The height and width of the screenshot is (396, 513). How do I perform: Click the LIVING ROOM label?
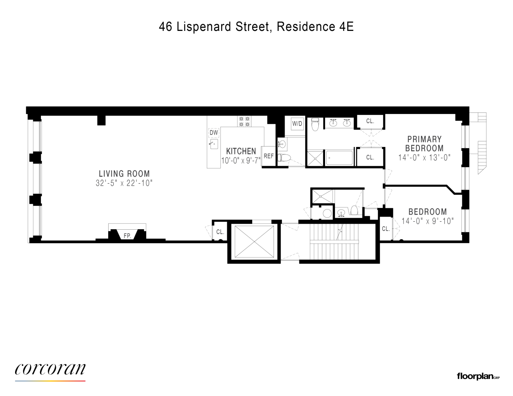tap(124, 173)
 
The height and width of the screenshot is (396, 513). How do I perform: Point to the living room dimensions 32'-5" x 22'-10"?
tap(124, 183)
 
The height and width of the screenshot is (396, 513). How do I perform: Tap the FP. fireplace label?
tap(127, 236)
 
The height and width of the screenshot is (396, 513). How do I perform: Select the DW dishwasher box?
tap(214, 133)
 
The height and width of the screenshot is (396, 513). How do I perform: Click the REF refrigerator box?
tap(268, 156)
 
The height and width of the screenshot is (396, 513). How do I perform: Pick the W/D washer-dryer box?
tap(297, 124)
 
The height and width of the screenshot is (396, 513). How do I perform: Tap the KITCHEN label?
tap(241, 151)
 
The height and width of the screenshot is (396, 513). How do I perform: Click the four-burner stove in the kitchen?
tap(244, 121)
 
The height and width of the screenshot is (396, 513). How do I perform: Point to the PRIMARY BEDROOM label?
tap(424, 144)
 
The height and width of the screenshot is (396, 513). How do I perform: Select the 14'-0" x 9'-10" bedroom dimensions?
tap(427, 221)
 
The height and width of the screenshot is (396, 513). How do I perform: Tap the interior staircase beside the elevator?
tap(337, 242)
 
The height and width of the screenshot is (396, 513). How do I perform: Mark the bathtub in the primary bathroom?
tap(339, 158)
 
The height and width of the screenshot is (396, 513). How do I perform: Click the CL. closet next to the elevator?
tap(220, 232)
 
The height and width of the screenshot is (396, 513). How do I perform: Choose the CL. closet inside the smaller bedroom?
tap(386, 229)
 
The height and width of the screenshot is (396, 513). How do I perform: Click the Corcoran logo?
tap(50, 370)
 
